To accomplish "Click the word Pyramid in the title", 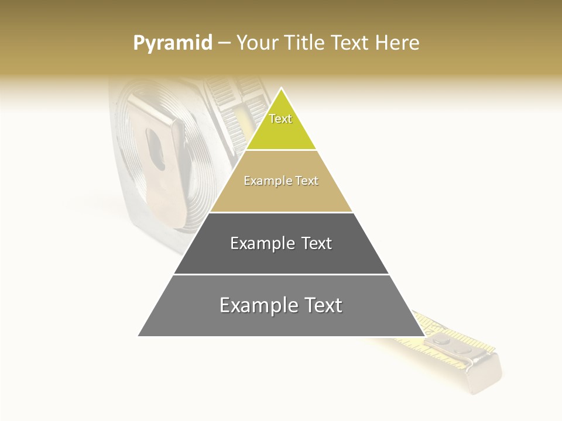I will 172,43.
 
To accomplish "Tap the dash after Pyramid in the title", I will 224,43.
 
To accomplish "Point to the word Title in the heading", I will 306,43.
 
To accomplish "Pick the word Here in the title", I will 398,43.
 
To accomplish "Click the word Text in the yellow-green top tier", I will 280,119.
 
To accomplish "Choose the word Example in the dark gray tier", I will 262,243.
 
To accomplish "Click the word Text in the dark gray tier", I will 317,243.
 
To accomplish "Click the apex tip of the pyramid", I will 281,89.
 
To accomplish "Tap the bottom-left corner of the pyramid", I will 139,336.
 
